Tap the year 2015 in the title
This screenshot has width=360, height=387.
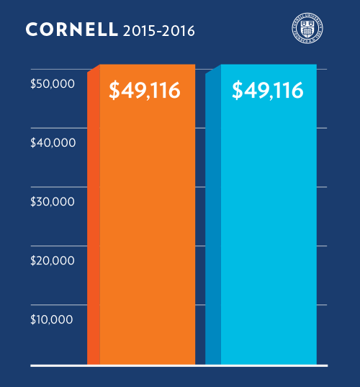point(138,31)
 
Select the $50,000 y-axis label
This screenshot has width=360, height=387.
point(53,84)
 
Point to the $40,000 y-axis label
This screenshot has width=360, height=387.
point(53,143)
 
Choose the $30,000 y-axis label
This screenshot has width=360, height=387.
point(53,201)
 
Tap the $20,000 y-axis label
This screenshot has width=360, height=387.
point(53,260)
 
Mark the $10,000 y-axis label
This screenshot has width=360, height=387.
point(53,319)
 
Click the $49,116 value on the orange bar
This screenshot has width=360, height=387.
point(144,91)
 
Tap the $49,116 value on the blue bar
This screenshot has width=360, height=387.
point(267,91)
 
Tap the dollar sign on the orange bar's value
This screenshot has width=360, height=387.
point(114,91)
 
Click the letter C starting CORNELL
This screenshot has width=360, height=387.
point(31,30)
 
